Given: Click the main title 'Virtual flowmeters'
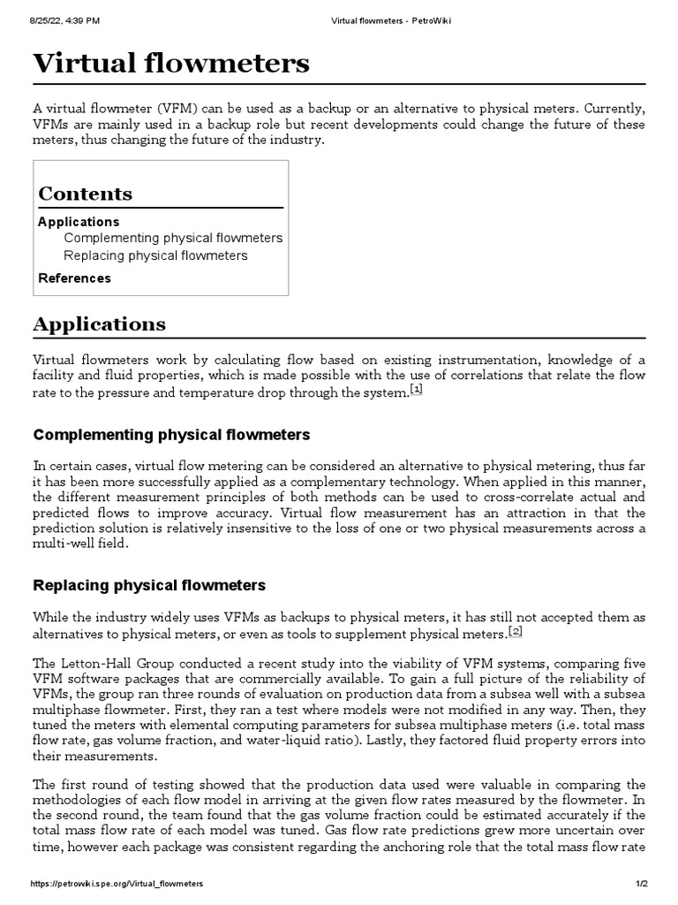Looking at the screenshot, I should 171,63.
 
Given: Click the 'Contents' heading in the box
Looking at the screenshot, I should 86,194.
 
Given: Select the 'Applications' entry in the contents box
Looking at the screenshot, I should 79,222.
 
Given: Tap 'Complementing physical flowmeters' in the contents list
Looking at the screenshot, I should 173,239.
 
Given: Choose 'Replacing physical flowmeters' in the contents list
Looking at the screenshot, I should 155,256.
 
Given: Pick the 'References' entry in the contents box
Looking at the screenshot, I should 74,278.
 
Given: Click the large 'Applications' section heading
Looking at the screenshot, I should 99,324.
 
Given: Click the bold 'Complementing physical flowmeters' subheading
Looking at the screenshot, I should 171,435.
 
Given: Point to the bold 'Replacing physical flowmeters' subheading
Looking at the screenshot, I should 149,586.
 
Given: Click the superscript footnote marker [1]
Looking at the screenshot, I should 417,391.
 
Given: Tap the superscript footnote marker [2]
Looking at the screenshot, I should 516,631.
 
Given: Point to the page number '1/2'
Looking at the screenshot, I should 639,884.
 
